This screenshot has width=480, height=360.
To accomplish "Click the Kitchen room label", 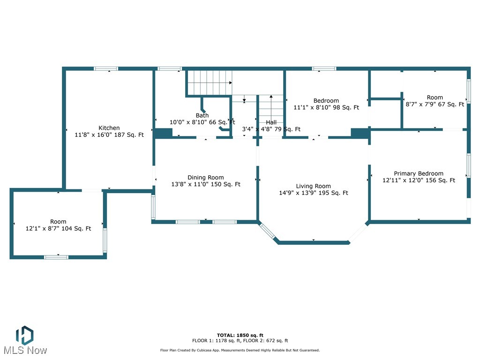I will coord(109,128).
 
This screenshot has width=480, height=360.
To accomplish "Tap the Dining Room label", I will coord(205,178).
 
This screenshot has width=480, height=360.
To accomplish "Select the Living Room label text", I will coord(313,186).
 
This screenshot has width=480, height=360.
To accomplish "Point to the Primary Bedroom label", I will coord(418,173).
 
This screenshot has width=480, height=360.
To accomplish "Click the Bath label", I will coord(202,115).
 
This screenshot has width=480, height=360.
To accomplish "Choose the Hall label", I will coord(271,122).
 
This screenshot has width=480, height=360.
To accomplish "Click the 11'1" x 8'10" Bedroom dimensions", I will coord(326,107).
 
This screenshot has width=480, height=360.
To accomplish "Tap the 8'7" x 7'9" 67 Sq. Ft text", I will coord(435,105).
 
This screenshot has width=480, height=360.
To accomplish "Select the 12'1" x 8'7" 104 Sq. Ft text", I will coord(58,229).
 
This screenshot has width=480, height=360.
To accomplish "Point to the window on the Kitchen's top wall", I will coord(106,68).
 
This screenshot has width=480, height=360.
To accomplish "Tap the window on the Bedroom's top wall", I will coord(324,68).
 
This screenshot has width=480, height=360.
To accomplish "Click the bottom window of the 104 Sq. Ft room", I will coord(56,257).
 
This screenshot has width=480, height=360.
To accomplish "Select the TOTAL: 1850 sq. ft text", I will coord(240,336).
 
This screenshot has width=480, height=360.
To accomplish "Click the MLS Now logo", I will coord(24,341).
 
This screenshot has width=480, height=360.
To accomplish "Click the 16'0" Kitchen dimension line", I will coord(109,135).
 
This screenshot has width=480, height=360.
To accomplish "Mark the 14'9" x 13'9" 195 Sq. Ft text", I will coord(313,193).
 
